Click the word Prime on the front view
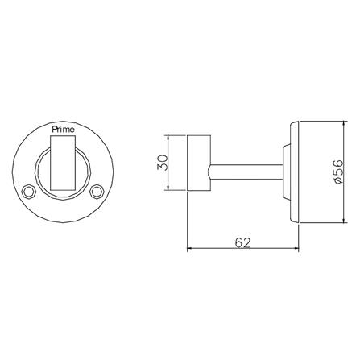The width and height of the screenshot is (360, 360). (x=63, y=130)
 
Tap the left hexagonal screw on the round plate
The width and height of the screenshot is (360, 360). (x=27, y=192)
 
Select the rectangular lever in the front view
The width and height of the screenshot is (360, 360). (x=63, y=163)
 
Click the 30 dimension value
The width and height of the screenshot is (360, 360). (x=163, y=163)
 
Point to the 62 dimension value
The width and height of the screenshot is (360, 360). (x=242, y=243)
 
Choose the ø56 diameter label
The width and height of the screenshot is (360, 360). (x=337, y=172)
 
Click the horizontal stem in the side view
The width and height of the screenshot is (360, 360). (x=246, y=172)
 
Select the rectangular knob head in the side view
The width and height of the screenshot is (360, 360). (x=198, y=163)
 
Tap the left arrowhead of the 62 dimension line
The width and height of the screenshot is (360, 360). (x=189, y=248)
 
